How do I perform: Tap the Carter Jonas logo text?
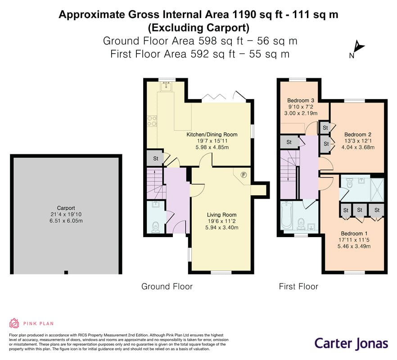pyautogui.click(x=351, y=343)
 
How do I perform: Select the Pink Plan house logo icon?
pyautogui.click(x=14, y=323)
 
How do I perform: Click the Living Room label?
pyautogui.click(x=221, y=215)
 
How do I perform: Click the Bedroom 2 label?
pyautogui.click(x=358, y=134)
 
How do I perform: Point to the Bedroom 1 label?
pyautogui.click(x=354, y=234)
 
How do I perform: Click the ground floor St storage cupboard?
pyautogui.click(x=155, y=158)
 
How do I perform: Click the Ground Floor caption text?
pyautogui.click(x=167, y=286)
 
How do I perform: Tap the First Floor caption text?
pyautogui.click(x=298, y=286)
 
